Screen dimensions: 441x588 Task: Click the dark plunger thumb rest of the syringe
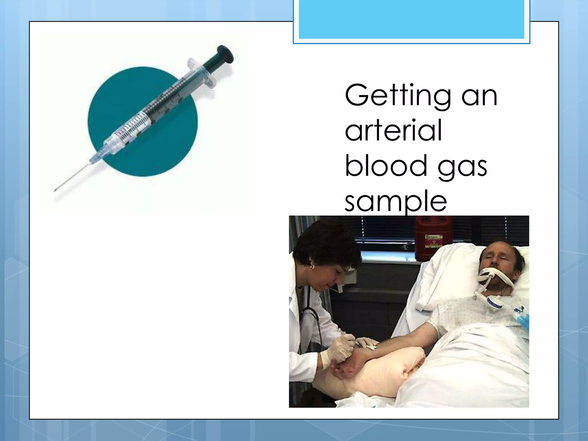pos(225,54)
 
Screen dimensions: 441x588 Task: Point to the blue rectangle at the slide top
pos(411,19)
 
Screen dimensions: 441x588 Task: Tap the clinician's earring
pos(312,267)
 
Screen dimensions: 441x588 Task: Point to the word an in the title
pos(479,96)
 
